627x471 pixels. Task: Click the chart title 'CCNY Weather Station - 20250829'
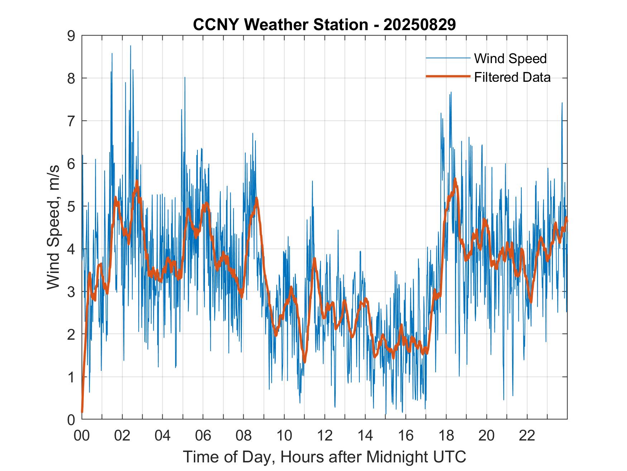[324, 25]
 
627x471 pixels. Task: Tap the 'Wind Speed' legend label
[510, 58]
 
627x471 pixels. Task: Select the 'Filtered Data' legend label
[512, 77]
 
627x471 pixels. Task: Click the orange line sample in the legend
[448, 76]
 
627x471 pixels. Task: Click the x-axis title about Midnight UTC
[324, 457]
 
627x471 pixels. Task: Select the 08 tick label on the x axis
[243, 435]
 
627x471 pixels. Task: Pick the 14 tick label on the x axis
[365, 435]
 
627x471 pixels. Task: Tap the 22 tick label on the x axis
[527, 435]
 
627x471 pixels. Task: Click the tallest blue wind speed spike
[130, 46]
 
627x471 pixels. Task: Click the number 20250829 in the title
[420, 25]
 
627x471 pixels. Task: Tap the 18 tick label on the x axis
[446, 435]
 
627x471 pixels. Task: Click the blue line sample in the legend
[448, 58]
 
